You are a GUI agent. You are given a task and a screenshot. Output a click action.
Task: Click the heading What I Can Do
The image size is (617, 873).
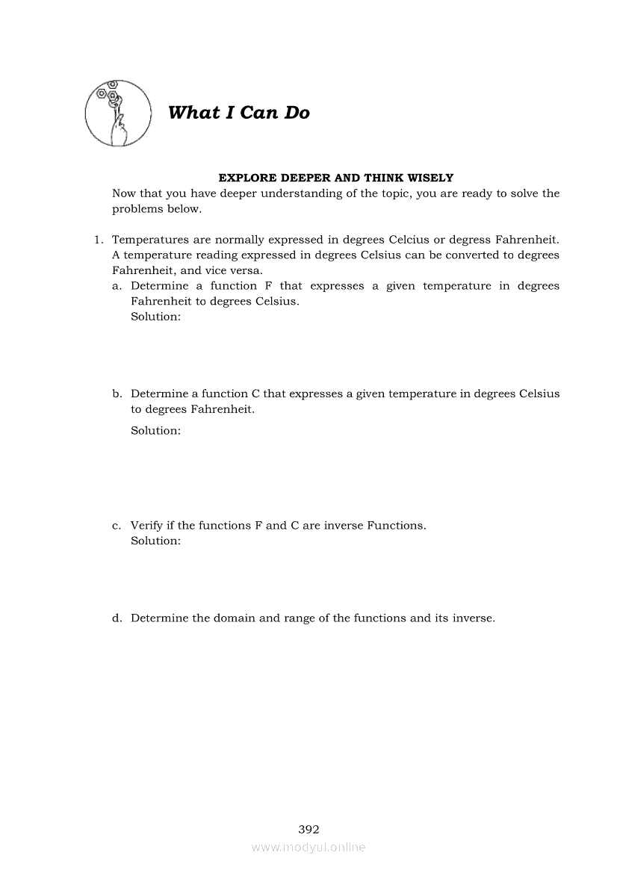pos(239,113)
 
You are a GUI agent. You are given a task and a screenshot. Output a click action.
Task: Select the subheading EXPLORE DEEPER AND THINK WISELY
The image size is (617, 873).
pos(335,178)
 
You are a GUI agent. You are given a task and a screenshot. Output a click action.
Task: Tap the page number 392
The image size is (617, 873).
pos(308,829)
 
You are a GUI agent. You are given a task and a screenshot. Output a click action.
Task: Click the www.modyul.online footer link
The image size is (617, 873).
pos(308,848)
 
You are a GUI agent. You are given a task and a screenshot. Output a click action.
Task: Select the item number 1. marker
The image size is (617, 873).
pos(97,240)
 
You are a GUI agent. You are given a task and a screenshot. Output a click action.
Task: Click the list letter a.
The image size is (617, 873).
pos(117,286)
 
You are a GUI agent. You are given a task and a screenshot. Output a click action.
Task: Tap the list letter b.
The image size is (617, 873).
pos(117,394)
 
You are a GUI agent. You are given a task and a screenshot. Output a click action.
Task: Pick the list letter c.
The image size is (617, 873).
pos(117,526)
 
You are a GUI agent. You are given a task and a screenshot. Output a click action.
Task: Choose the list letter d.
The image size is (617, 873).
pos(117,618)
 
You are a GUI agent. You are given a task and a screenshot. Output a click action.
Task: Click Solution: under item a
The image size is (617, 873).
pos(155,317)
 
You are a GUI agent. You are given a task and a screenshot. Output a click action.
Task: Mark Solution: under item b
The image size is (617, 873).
pos(155,431)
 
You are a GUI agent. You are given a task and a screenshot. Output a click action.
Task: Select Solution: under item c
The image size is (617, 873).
pos(155,541)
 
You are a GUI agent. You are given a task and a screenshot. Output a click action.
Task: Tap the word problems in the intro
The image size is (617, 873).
pos(137,209)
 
